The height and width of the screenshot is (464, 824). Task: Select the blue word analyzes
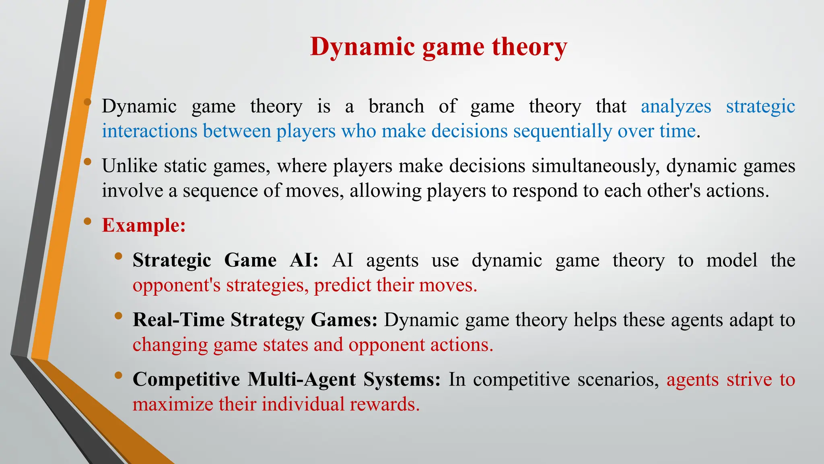coord(676,107)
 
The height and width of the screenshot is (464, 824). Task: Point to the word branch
coord(396,107)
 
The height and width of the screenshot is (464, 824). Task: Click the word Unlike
coord(130,166)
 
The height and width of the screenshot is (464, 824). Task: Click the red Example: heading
coord(144,225)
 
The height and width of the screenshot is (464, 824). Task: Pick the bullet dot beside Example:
coord(87,221)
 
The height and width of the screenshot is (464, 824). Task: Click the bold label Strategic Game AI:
coord(225,260)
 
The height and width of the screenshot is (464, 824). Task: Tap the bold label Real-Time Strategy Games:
coord(255,320)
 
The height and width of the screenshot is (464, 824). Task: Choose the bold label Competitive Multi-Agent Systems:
coord(286,379)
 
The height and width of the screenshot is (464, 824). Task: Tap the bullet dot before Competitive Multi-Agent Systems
coord(118,375)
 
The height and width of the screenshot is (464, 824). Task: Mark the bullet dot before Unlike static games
coord(87,162)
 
